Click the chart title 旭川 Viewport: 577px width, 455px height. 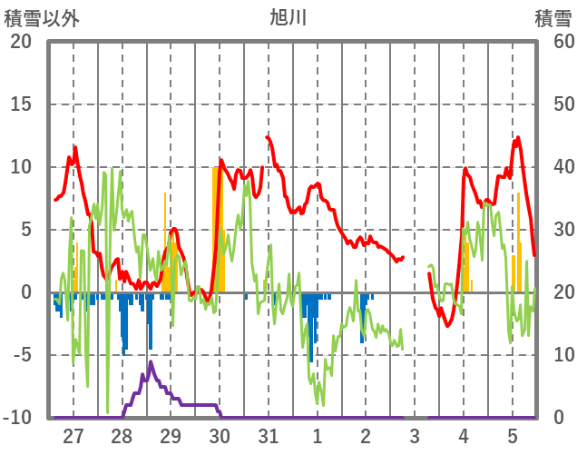click(x=288, y=16)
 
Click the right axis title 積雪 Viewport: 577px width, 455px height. click(x=552, y=16)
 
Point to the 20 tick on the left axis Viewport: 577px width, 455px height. click(x=21, y=42)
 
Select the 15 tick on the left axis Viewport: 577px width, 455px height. click(x=21, y=104)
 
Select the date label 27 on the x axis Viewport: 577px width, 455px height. click(x=73, y=437)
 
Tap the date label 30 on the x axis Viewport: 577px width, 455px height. click(x=220, y=437)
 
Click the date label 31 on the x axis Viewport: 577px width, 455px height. click(x=269, y=437)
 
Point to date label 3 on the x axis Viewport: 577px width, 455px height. click(x=415, y=437)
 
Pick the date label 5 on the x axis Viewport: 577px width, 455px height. click(x=513, y=437)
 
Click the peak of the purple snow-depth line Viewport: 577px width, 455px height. click(x=151, y=362)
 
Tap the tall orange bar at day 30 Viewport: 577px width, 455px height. click(x=216, y=227)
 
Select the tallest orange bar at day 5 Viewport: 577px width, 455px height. click(x=519, y=242)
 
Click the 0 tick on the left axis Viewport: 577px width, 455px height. click(x=26, y=292)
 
